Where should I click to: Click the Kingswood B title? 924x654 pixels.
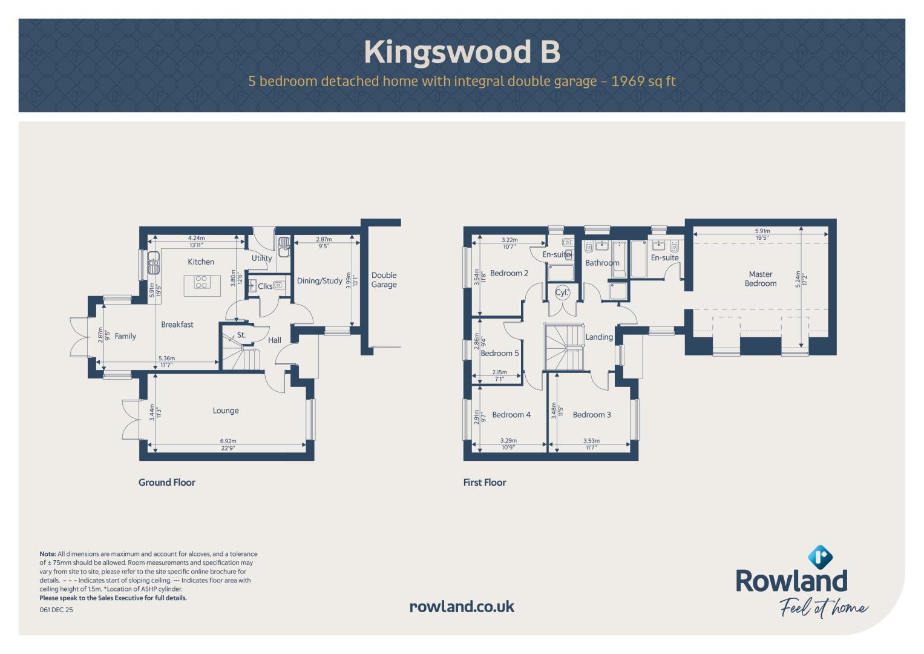click(462, 52)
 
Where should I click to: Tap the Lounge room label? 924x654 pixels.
click(226, 411)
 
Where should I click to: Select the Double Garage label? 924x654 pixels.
click(384, 280)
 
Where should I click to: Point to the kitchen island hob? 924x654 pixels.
click(202, 282)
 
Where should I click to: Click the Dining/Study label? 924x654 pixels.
click(319, 281)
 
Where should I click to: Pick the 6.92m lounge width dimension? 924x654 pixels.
click(228, 441)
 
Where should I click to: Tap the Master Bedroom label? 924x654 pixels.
click(760, 279)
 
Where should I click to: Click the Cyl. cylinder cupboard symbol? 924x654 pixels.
click(562, 292)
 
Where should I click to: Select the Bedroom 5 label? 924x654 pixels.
click(500, 354)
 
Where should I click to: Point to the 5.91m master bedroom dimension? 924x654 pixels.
click(762, 231)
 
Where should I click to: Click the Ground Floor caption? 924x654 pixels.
click(166, 482)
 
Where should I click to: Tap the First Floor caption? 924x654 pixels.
click(484, 482)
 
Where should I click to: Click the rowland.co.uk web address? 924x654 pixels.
click(462, 607)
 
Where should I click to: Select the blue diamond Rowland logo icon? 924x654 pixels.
click(820, 557)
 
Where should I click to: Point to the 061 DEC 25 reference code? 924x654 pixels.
click(56, 610)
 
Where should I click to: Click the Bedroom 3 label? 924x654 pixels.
click(592, 415)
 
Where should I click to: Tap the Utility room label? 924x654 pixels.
click(261, 259)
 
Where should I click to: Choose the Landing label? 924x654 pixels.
click(599, 337)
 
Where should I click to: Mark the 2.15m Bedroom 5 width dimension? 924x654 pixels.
click(499, 372)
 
